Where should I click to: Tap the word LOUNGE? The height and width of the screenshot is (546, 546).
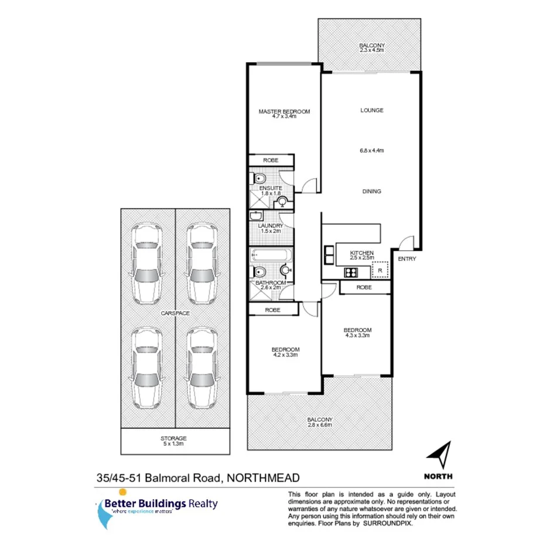(371, 110)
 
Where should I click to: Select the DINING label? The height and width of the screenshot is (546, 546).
(371, 191)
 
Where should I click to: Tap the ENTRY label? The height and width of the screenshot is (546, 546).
(407, 258)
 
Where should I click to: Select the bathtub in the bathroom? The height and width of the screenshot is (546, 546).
(270, 256)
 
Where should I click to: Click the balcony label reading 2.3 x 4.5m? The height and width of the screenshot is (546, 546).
(371, 47)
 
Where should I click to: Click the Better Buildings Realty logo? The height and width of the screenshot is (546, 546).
(157, 506)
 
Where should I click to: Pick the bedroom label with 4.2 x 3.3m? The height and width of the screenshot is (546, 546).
(286, 352)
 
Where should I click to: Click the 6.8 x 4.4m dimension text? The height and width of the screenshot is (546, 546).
(371, 151)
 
